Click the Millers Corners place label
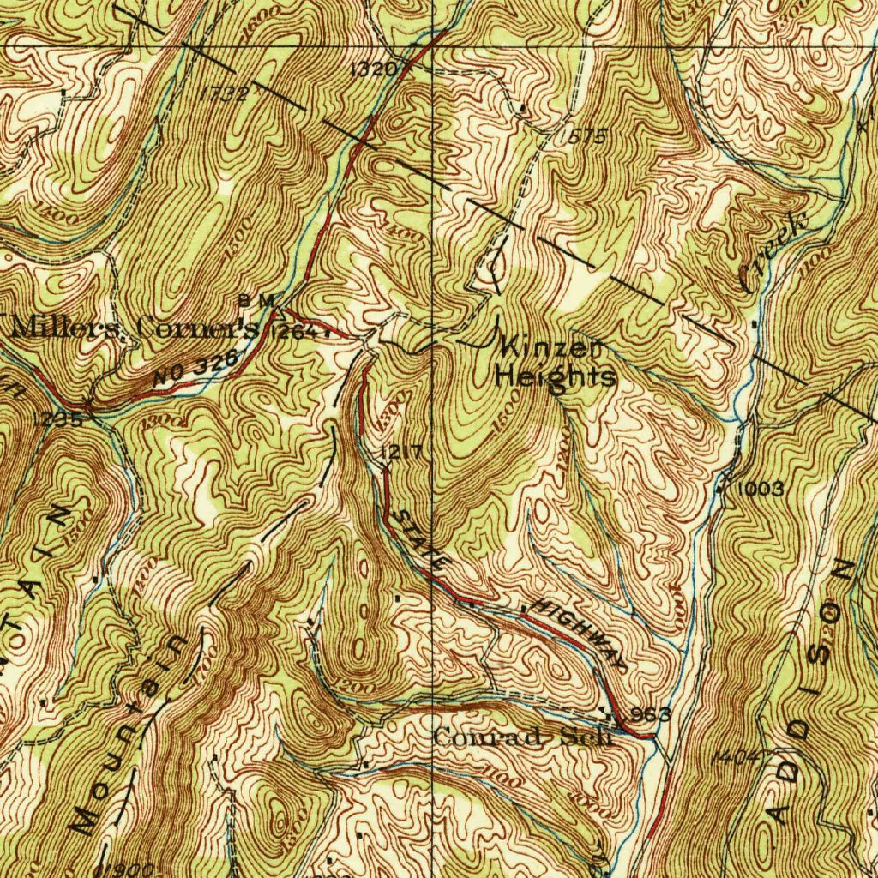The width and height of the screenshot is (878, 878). click(133, 327)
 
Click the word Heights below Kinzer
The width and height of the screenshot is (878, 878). click(556, 376)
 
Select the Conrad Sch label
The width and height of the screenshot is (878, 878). click(523, 737)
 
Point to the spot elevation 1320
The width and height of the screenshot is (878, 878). click(374, 70)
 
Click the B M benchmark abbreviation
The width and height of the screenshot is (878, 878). click(256, 300)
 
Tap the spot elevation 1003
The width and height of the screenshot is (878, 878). click(759, 489)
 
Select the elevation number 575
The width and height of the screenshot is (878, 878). click(586, 136)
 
